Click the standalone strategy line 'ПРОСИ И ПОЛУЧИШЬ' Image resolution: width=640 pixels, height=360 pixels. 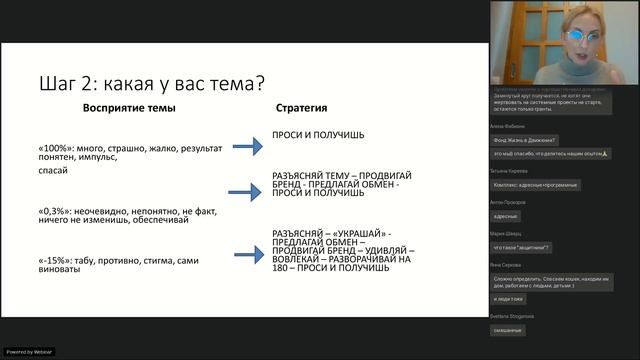pyautogui.click(x=318, y=134)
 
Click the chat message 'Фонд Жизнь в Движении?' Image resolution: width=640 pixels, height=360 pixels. pyautogui.click(x=525, y=140)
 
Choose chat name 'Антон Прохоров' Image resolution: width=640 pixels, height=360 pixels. pyautogui.click(x=508, y=203)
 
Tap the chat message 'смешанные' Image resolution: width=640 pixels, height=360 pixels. pyautogui.click(x=509, y=329)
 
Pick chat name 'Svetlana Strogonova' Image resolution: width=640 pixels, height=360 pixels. pyautogui.click(x=514, y=316)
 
